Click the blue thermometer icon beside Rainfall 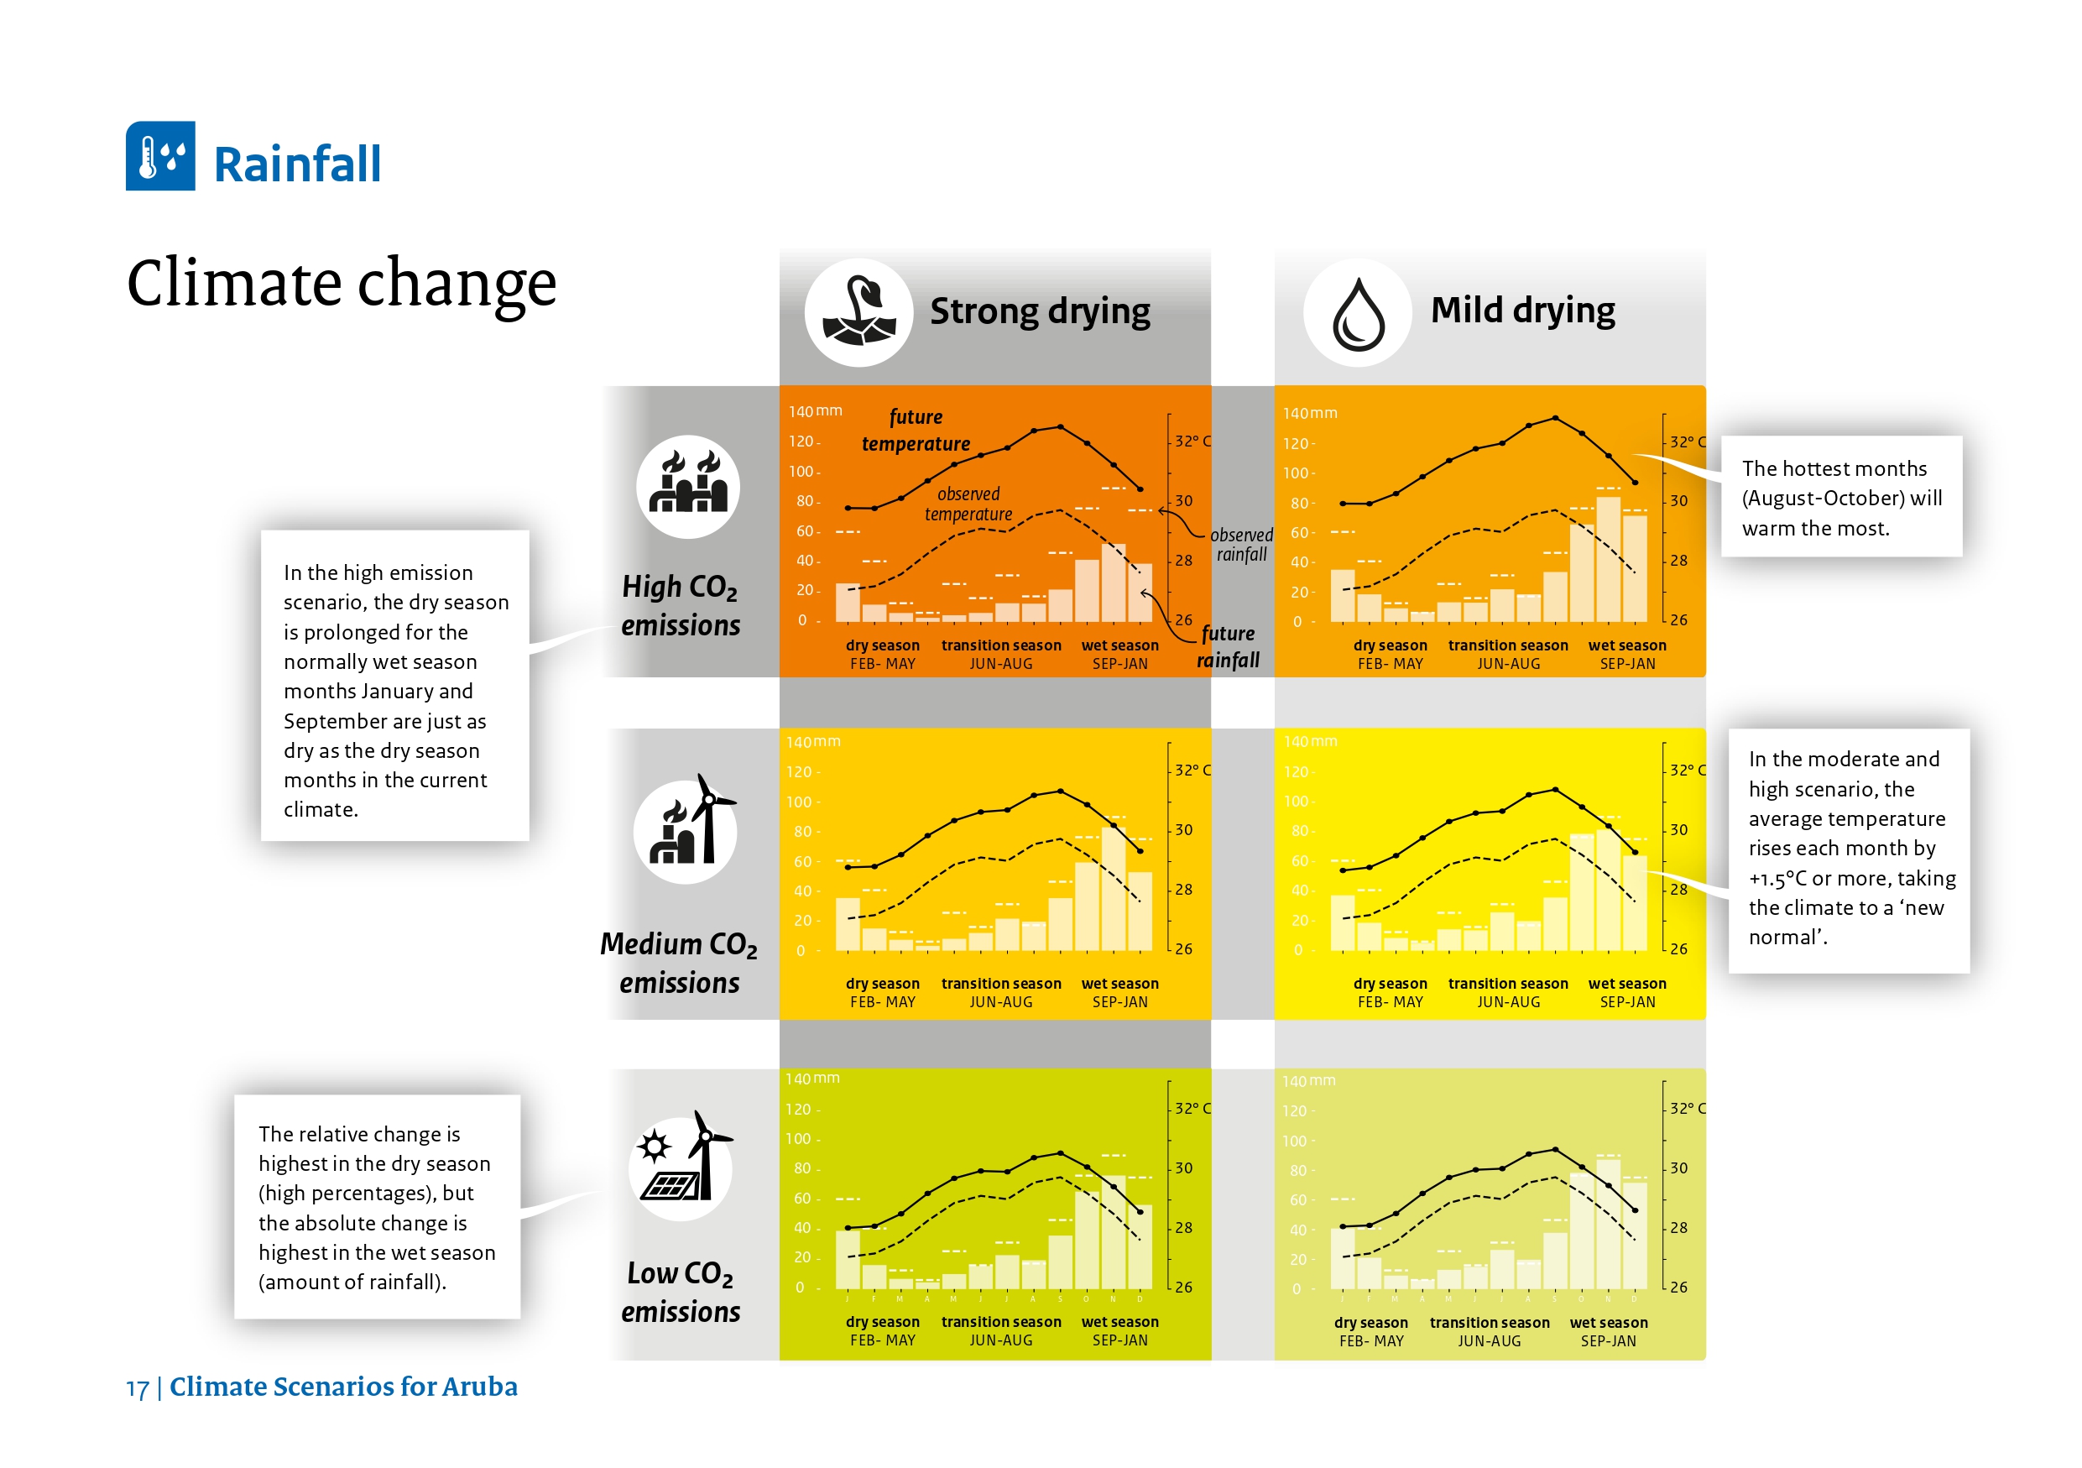(159, 156)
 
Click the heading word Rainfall (296, 165)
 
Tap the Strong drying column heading (1039, 311)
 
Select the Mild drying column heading (1521, 310)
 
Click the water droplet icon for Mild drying (1357, 313)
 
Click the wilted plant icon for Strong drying (858, 313)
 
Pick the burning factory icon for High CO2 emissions (687, 486)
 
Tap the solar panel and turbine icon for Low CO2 (680, 1167)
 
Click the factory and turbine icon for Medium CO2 (686, 829)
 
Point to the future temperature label (916, 430)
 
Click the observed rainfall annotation (1240, 544)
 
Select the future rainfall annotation (1228, 646)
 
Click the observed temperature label (968, 504)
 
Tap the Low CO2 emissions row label (680, 1292)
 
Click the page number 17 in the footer (137, 1388)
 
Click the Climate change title (341, 283)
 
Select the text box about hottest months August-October (1841, 498)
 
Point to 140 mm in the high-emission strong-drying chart (813, 411)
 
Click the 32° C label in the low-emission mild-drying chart (1687, 1108)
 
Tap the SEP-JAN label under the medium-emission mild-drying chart (1627, 1002)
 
